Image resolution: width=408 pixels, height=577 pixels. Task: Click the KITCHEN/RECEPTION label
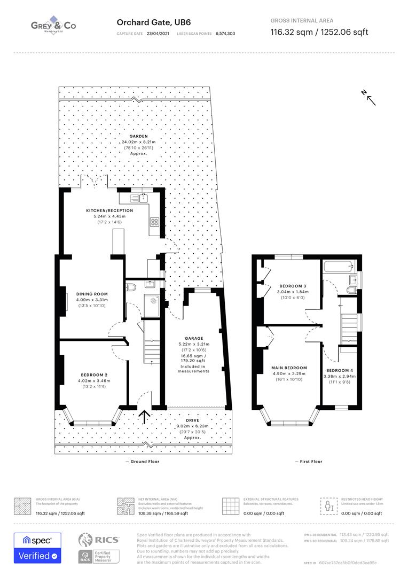[x=109, y=210]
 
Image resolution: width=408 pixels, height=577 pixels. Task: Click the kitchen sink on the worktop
[x=143, y=198]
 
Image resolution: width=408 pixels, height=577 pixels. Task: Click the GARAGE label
[x=193, y=339]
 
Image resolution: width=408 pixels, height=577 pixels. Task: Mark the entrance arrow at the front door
[x=144, y=416]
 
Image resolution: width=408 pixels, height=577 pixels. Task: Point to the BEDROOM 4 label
[x=340, y=370]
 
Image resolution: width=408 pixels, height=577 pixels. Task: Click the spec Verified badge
[x=37, y=548]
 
